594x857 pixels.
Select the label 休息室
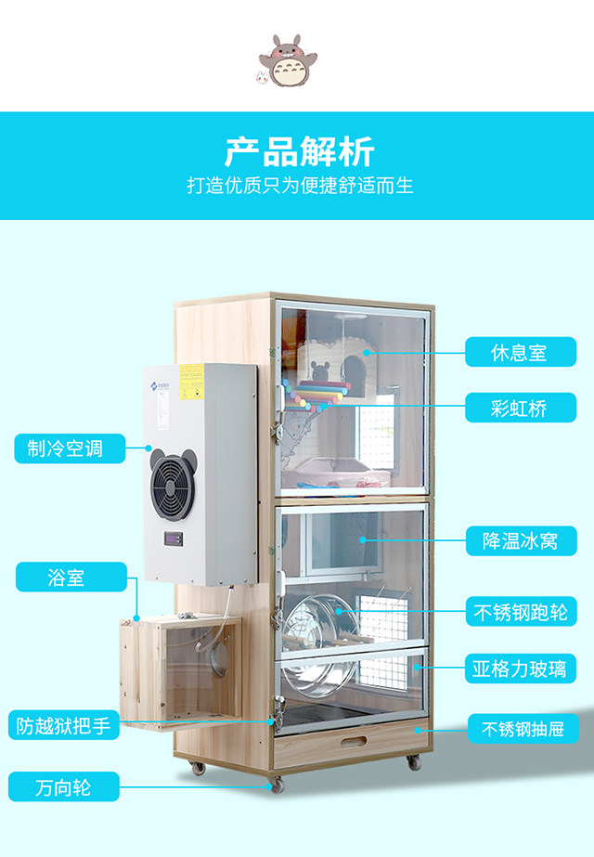click(519, 353)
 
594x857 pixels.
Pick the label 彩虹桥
click(519, 407)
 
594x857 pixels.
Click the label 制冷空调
click(58, 448)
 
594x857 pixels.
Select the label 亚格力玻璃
click(519, 668)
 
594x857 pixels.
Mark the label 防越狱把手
click(63, 725)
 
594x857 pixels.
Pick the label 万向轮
click(63, 788)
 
